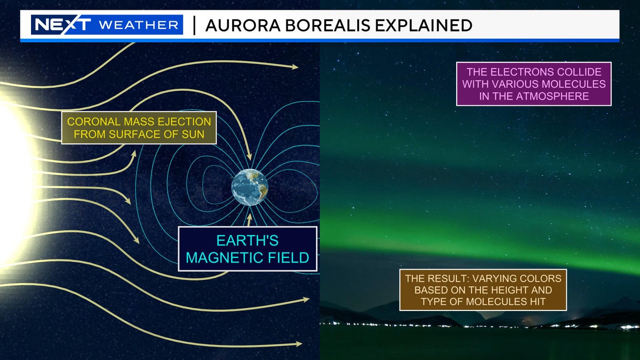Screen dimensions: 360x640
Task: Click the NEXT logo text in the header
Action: tap(61, 25)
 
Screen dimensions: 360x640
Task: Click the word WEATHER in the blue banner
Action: tap(139, 25)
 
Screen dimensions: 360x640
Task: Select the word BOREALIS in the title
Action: tap(312, 25)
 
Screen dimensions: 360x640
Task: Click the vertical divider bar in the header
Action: tap(194, 25)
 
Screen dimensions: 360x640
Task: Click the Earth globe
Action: tap(249, 187)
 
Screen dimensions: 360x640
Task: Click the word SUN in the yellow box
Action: tap(194, 135)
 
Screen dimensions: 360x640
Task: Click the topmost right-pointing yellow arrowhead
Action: tap(294, 67)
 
